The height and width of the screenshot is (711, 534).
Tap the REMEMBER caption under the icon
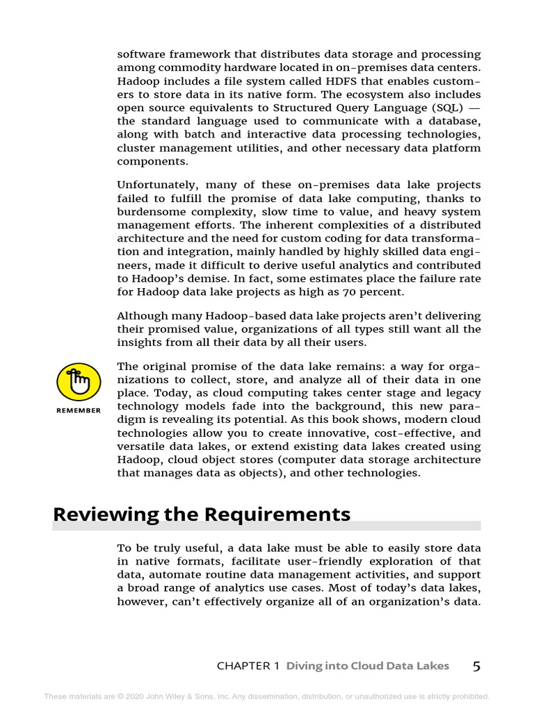coord(78,410)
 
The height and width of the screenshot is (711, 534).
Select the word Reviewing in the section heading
coord(105,515)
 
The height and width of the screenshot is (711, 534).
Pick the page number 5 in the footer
coord(476,666)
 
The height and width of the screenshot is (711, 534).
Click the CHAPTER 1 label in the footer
coord(248,666)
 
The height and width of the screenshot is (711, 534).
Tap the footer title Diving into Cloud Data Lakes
coord(368,666)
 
